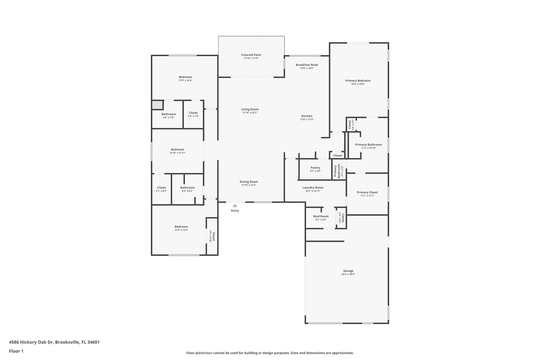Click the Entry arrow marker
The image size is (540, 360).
click(235, 205)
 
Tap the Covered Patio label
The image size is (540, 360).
click(251, 55)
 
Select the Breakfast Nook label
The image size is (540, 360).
click(307, 65)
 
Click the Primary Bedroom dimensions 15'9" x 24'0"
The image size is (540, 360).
click(358, 84)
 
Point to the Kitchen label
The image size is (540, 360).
click(307, 116)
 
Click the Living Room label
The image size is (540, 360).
click(250, 109)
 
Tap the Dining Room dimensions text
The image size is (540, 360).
click(249, 185)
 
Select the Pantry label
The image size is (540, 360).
click(315, 168)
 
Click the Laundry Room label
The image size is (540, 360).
click(313, 188)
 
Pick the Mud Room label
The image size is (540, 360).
click(321, 216)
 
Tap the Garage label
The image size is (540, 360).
click(348, 271)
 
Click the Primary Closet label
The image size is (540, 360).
click(367, 192)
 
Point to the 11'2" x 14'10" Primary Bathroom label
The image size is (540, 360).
click(368, 145)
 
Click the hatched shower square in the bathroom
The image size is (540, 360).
click(157, 105)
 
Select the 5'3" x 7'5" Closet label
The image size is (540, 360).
click(193, 113)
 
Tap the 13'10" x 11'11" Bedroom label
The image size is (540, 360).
click(177, 150)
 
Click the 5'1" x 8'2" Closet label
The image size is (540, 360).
click(161, 188)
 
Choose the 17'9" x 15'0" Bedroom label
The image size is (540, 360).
click(181, 227)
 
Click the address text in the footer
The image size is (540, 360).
click(54, 342)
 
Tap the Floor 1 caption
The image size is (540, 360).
click(16, 351)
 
